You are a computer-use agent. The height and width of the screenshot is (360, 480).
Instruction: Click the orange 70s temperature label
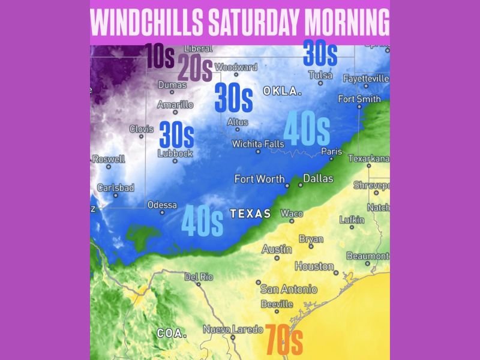pyautogui.click(x=283, y=339)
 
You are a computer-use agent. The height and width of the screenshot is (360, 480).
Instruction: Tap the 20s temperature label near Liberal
pyautogui.click(x=194, y=68)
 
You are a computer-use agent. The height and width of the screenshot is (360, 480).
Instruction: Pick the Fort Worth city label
pyautogui.click(x=260, y=179)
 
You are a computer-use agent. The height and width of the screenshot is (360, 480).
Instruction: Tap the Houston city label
pyautogui.click(x=314, y=266)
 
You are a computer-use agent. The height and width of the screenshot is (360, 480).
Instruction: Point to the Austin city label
pyautogui.click(x=277, y=249)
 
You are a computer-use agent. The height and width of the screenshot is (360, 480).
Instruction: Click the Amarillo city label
pyautogui.click(x=175, y=104)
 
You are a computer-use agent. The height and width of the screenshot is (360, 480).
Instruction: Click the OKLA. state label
pyautogui.click(x=282, y=91)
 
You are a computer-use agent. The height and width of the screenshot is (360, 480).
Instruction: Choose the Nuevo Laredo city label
pyautogui.click(x=233, y=329)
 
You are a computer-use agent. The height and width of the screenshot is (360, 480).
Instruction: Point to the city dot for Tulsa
pyautogui.click(x=320, y=83)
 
